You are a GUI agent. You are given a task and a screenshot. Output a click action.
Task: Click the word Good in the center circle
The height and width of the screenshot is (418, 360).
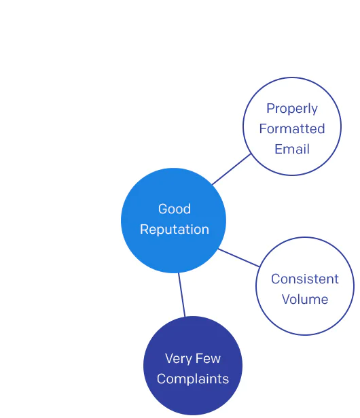pyautogui.click(x=175, y=209)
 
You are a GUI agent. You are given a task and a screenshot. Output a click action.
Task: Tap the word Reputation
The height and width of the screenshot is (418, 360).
pyautogui.click(x=175, y=230)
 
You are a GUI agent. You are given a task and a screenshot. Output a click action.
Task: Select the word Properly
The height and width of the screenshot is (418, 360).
pyautogui.click(x=292, y=109)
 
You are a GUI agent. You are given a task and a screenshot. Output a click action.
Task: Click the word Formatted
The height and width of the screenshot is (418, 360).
pyautogui.click(x=292, y=128)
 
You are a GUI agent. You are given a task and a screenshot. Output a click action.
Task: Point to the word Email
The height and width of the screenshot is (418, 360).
pyautogui.click(x=292, y=149)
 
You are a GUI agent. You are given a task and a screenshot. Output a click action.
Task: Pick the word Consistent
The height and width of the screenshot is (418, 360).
pyautogui.click(x=305, y=279)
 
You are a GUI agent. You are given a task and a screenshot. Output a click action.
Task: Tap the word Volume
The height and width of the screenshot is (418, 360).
pyautogui.click(x=305, y=299)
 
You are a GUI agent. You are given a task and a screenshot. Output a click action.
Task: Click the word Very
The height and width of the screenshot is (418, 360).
pyautogui.click(x=178, y=359)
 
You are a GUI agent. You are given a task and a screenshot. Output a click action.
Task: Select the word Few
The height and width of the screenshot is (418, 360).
pyautogui.click(x=209, y=358)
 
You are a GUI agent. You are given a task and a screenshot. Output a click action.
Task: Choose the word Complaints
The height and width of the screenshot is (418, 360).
pyautogui.click(x=193, y=379)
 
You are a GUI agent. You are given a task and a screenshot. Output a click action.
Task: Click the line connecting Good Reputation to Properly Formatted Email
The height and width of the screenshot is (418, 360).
pyautogui.click(x=232, y=169)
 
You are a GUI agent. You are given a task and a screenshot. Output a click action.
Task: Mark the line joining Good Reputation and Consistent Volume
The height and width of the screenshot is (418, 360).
pyautogui.click(x=239, y=258)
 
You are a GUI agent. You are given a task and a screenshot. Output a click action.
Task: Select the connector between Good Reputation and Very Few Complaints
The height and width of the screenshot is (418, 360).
pyautogui.click(x=182, y=294)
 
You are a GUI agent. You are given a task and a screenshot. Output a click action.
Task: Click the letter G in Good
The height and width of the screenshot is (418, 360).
pyautogui.click(x=163, y=209)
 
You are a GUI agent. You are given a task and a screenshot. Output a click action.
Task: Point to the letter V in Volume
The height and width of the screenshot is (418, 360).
pyautogui.click(x=286, y=299)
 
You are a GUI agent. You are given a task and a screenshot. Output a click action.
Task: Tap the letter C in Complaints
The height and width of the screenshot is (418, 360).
pyautogui.click(x=162, y=379)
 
